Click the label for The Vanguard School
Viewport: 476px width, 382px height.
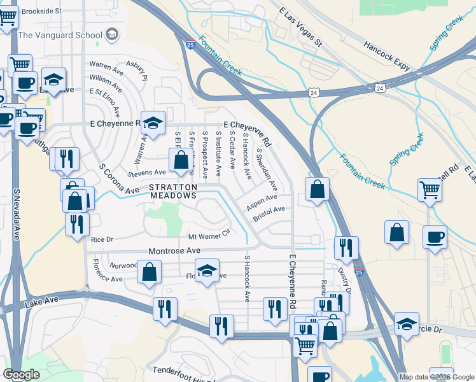(x=61, y=34)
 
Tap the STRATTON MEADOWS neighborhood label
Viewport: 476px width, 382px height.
(x=173, y=192)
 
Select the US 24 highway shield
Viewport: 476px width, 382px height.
(x=379, y=87)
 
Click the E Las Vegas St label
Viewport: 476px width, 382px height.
(x=301, y=29)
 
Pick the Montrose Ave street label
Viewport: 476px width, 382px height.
(x=174, y=251)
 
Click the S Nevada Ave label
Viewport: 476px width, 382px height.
(x=17, y=214)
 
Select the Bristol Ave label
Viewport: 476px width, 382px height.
(x=269, y=213)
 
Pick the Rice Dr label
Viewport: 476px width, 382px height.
(x=102, y=240)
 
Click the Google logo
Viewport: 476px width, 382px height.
(x=21, y=374)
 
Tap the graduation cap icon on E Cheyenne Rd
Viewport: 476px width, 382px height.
(x=153, y=122)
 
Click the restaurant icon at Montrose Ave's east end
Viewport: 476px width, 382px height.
(x=346, y=247)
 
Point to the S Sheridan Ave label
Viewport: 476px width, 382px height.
(x=267, y=170)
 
